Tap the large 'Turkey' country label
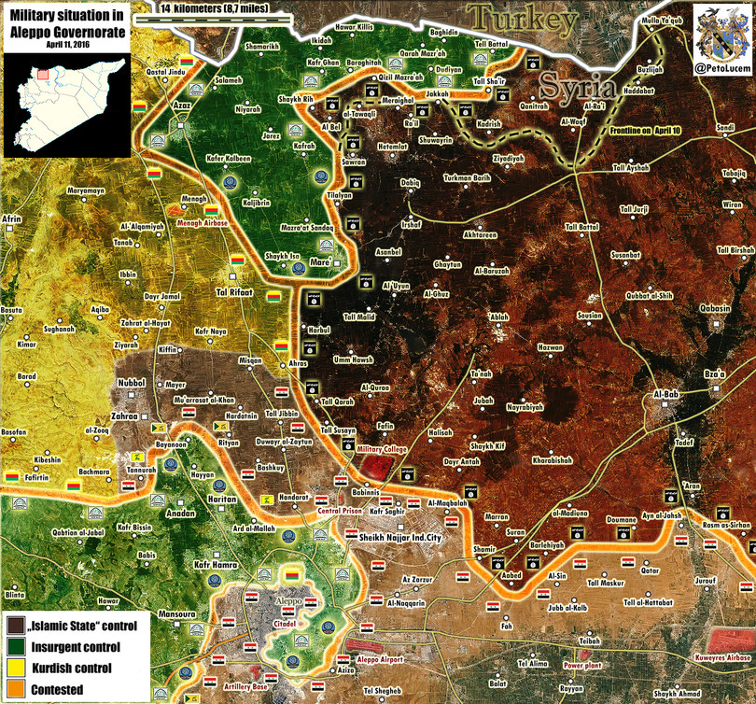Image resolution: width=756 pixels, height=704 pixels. (x=523, y=18)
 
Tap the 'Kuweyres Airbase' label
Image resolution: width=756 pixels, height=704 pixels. (x=720, y=657)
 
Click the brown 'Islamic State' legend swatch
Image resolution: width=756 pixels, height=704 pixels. (x=16, y=625)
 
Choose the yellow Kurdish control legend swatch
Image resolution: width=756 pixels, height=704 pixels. (x=16, y=668)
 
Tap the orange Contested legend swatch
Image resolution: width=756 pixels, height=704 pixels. (x=16, y=689)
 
